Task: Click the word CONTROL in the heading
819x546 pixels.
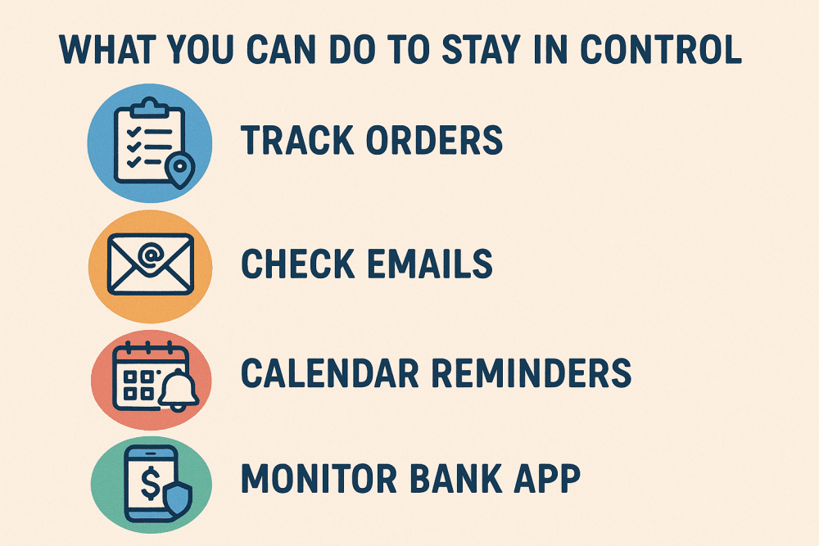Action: click(661, 50)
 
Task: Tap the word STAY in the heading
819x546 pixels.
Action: click(482, 50)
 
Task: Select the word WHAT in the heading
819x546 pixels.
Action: click(108, 50)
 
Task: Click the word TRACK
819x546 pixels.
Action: click(297, 140)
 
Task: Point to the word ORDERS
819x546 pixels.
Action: click(434, 140)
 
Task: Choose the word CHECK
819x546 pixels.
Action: click(298, 263)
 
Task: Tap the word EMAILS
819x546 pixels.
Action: click(430, 263)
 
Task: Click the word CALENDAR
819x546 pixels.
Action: click(329, 373)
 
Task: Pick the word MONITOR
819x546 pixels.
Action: click(319, 478)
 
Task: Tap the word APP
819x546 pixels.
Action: click(547, 478)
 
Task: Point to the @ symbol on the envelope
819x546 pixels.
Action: click(151, 255)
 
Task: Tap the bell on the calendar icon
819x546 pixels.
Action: click(179, 390)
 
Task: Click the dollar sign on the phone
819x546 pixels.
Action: click(151, 483)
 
